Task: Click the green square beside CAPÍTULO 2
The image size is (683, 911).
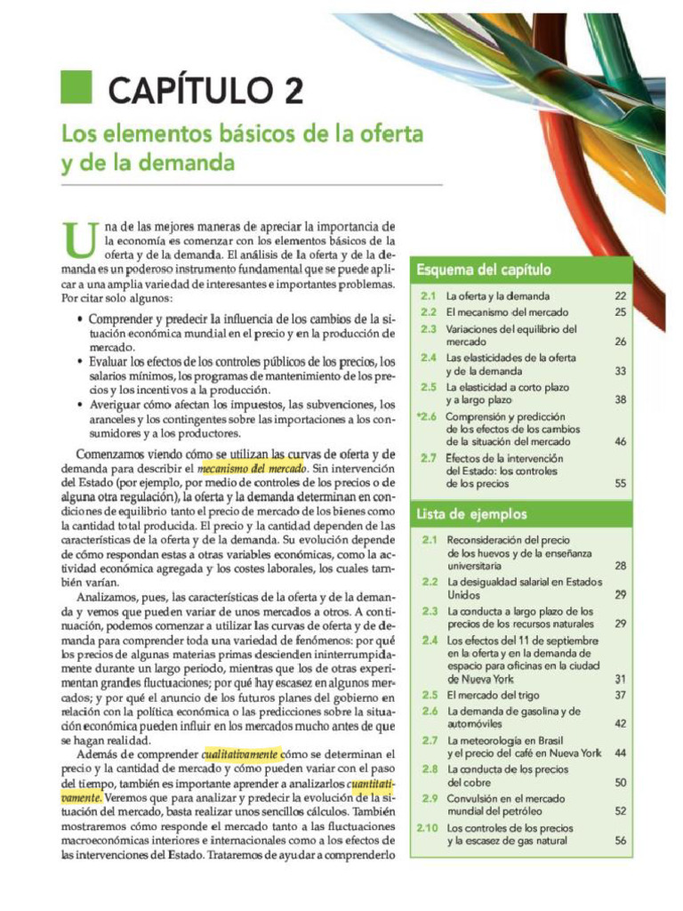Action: tap(76, 87)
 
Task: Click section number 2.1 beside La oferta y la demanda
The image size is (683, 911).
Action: tap(428, 295)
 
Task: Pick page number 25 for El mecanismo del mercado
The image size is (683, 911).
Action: tap(620, 312)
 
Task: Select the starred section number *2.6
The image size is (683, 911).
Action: tap(426, 415)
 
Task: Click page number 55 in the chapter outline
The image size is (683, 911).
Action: tap(620, 484)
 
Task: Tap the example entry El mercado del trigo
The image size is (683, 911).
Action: tap(492, 695)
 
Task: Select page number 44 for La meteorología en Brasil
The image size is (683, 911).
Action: tap(620, 753)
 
